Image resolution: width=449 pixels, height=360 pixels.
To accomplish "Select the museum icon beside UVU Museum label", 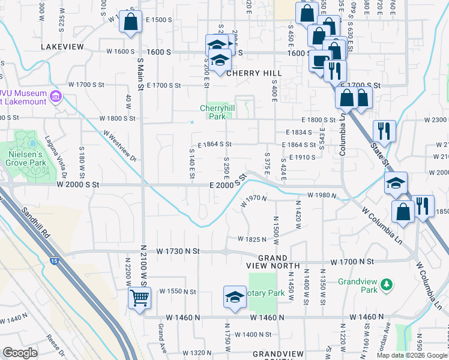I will coord(56,96).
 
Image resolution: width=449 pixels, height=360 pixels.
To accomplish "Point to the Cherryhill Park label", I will coord(212,112).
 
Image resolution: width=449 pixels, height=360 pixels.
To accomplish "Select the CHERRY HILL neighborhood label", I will coord(254,73).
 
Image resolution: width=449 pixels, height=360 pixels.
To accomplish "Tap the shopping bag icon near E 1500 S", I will coord(130,22).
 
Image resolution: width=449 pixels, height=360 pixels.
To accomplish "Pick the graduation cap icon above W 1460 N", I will coord(235,296).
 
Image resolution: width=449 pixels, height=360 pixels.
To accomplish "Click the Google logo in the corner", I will coord(20,353).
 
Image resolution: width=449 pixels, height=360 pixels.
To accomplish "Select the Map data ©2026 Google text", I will coord(411,355).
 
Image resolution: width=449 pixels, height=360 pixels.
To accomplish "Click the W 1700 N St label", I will coord(353,262).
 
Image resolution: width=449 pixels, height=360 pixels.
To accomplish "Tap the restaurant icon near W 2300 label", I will coord(383,130).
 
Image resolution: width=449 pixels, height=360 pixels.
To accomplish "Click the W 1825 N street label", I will coord(252,239).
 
